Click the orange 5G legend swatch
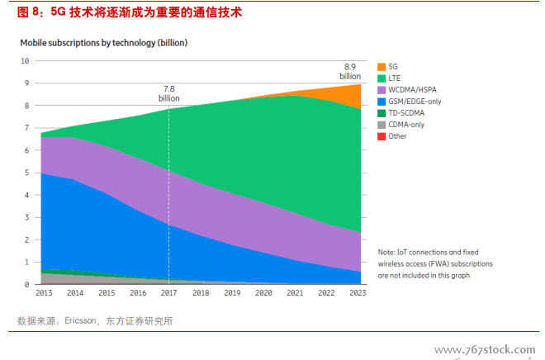(x=381, y=66)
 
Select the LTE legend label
(x=394, y=78)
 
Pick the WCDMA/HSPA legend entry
(x=411, y=89)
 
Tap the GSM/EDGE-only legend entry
(x=414, y=101)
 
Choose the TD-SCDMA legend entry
(x=406, y=112)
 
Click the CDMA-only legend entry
(x=405, y=125)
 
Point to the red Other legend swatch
(x=381, y=136)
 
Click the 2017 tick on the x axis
(x=168, y=293)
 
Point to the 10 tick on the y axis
(x=25, y=61)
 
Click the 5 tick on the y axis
(x=26, y=173)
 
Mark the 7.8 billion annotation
(x=169, y=92)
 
